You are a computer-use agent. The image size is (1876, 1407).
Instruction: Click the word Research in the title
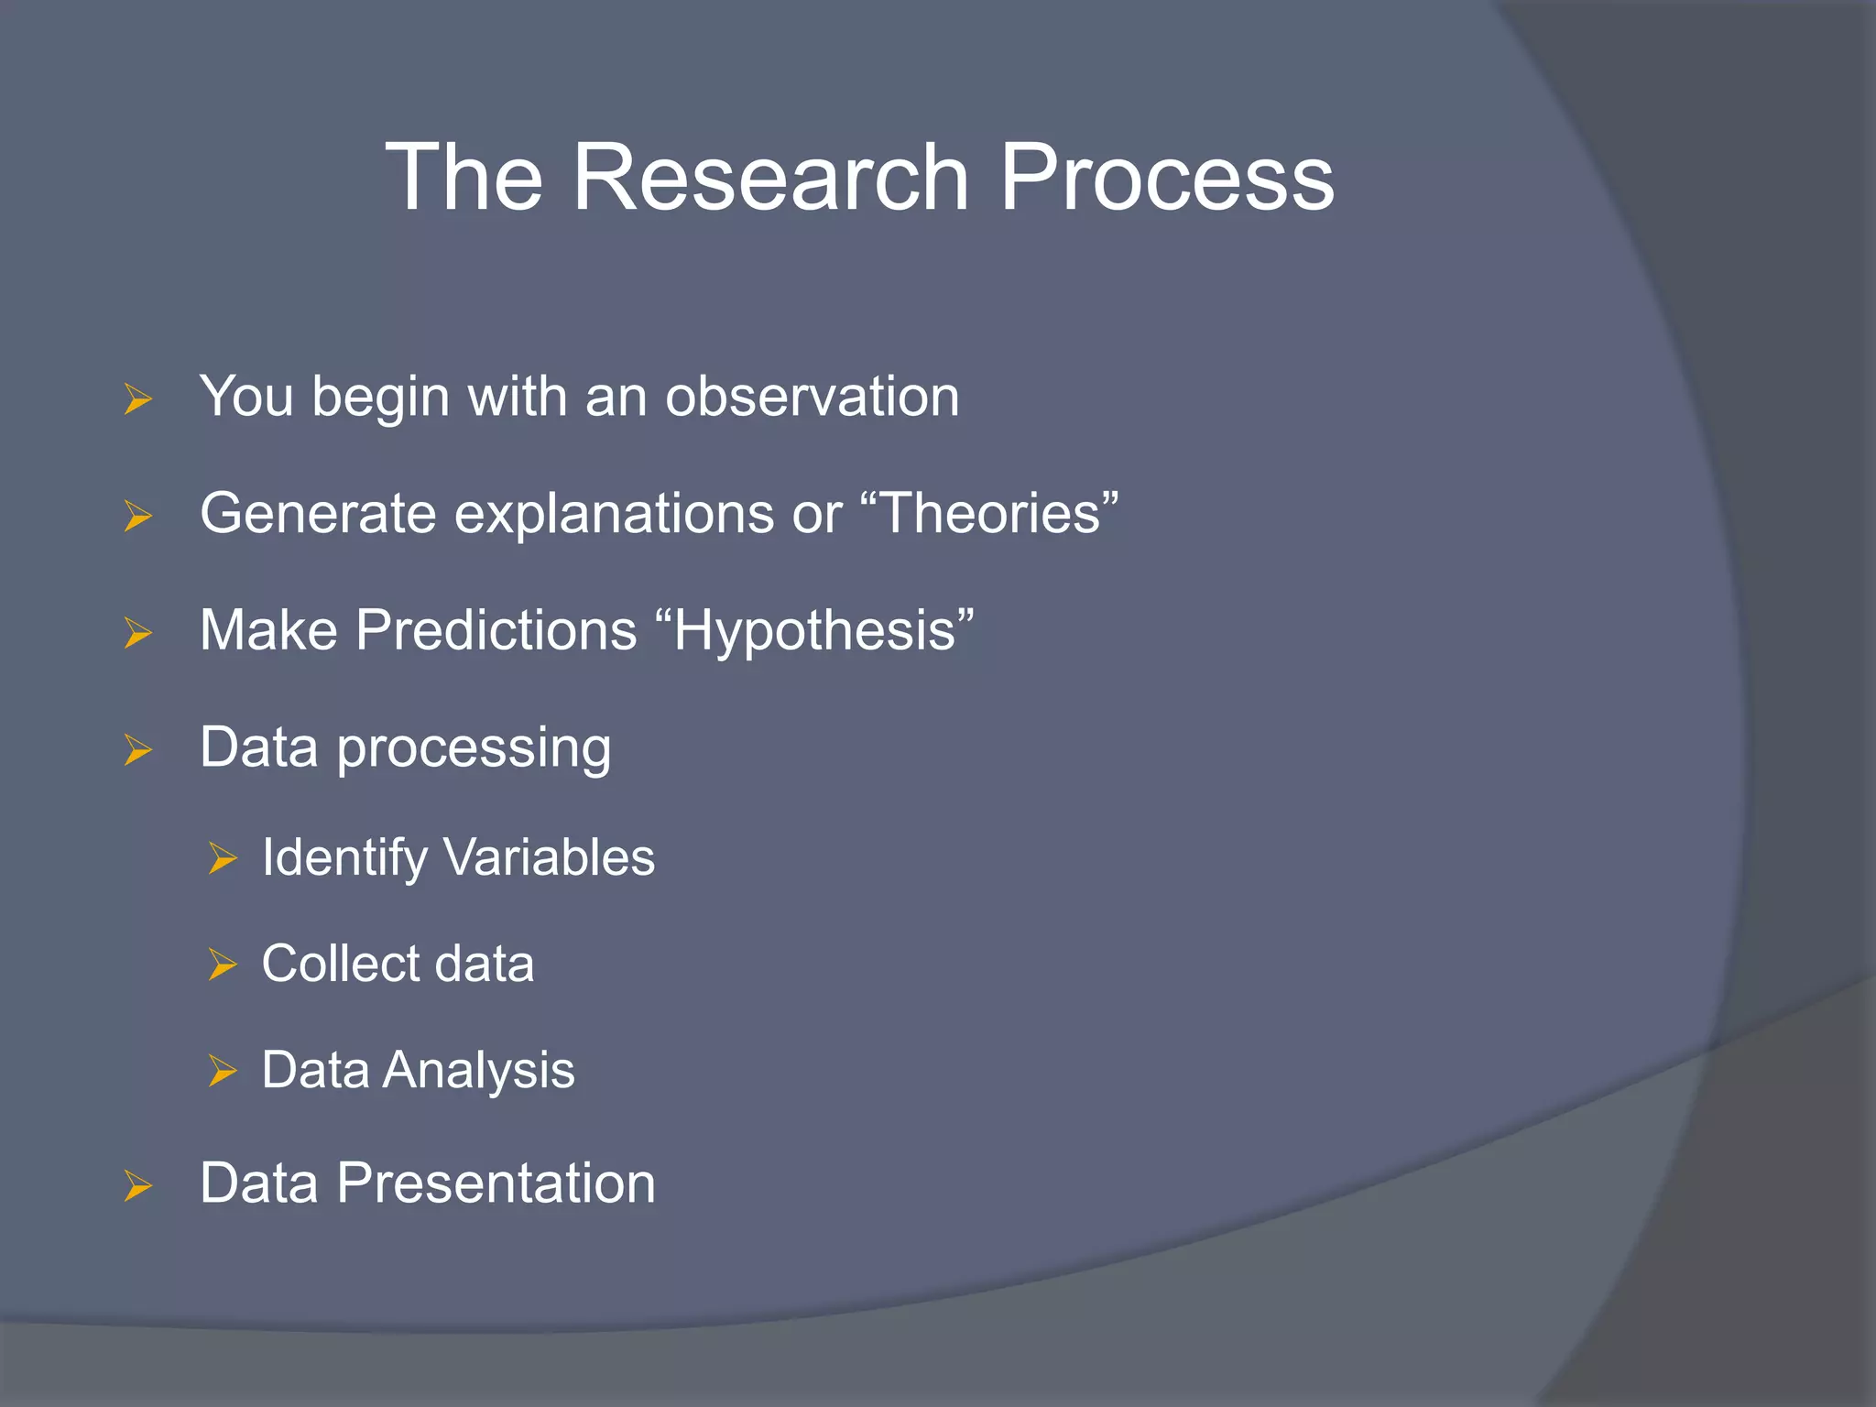769,178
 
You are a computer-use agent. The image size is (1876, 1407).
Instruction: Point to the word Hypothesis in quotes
815,631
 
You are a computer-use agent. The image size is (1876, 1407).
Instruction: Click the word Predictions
496,630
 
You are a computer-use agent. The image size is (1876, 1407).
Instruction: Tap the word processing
474,749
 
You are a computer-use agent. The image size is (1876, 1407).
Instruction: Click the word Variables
549,857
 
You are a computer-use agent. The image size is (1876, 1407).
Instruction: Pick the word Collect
339,964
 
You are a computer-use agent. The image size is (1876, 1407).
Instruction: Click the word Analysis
478,1070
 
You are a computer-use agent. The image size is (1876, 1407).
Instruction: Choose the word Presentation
496,1183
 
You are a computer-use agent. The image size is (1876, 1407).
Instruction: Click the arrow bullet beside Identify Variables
222,858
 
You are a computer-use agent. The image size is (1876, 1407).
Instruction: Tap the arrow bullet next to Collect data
222,965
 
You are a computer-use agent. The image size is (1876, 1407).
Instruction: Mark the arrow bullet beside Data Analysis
222,1070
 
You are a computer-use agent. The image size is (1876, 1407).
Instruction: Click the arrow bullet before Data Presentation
137,1185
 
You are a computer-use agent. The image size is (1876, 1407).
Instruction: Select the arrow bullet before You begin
137,399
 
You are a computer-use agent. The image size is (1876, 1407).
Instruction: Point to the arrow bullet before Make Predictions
137,633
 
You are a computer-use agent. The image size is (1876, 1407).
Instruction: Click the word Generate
318,514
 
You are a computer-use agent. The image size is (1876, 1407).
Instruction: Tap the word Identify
344,858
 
